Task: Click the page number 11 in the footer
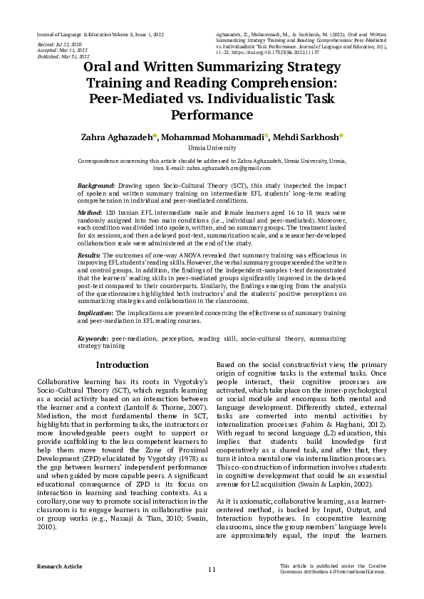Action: [212, 570]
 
